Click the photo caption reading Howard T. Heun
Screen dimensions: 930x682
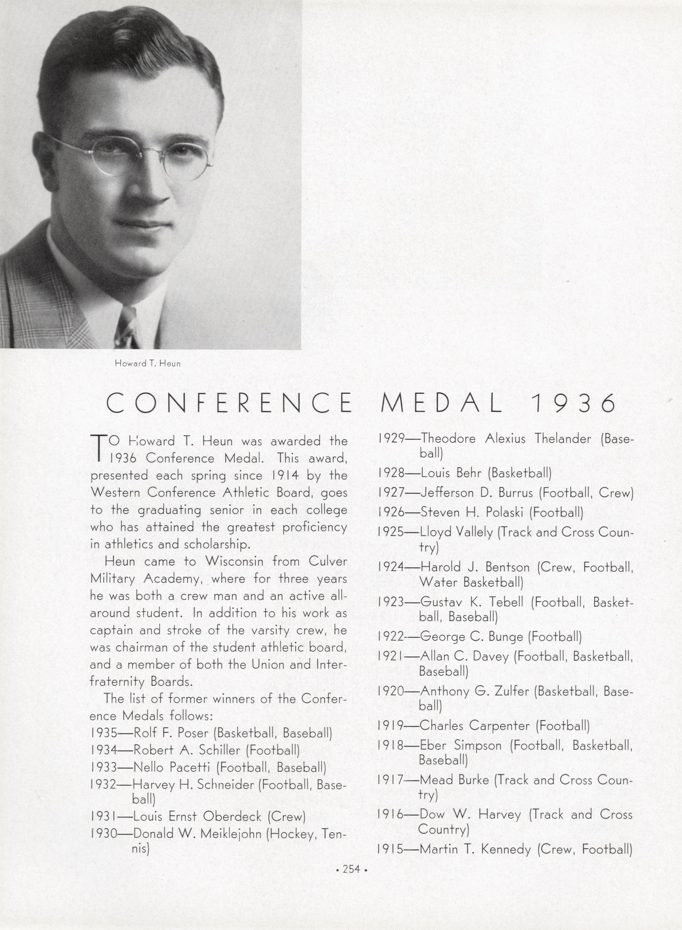[x=147, y=363]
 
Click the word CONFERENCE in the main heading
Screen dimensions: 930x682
[x=229, y=404]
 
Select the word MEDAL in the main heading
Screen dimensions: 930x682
[x=441, y=404]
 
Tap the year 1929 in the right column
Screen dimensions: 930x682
[x=391, y=439]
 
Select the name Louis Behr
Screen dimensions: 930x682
[x=451, y=473]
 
